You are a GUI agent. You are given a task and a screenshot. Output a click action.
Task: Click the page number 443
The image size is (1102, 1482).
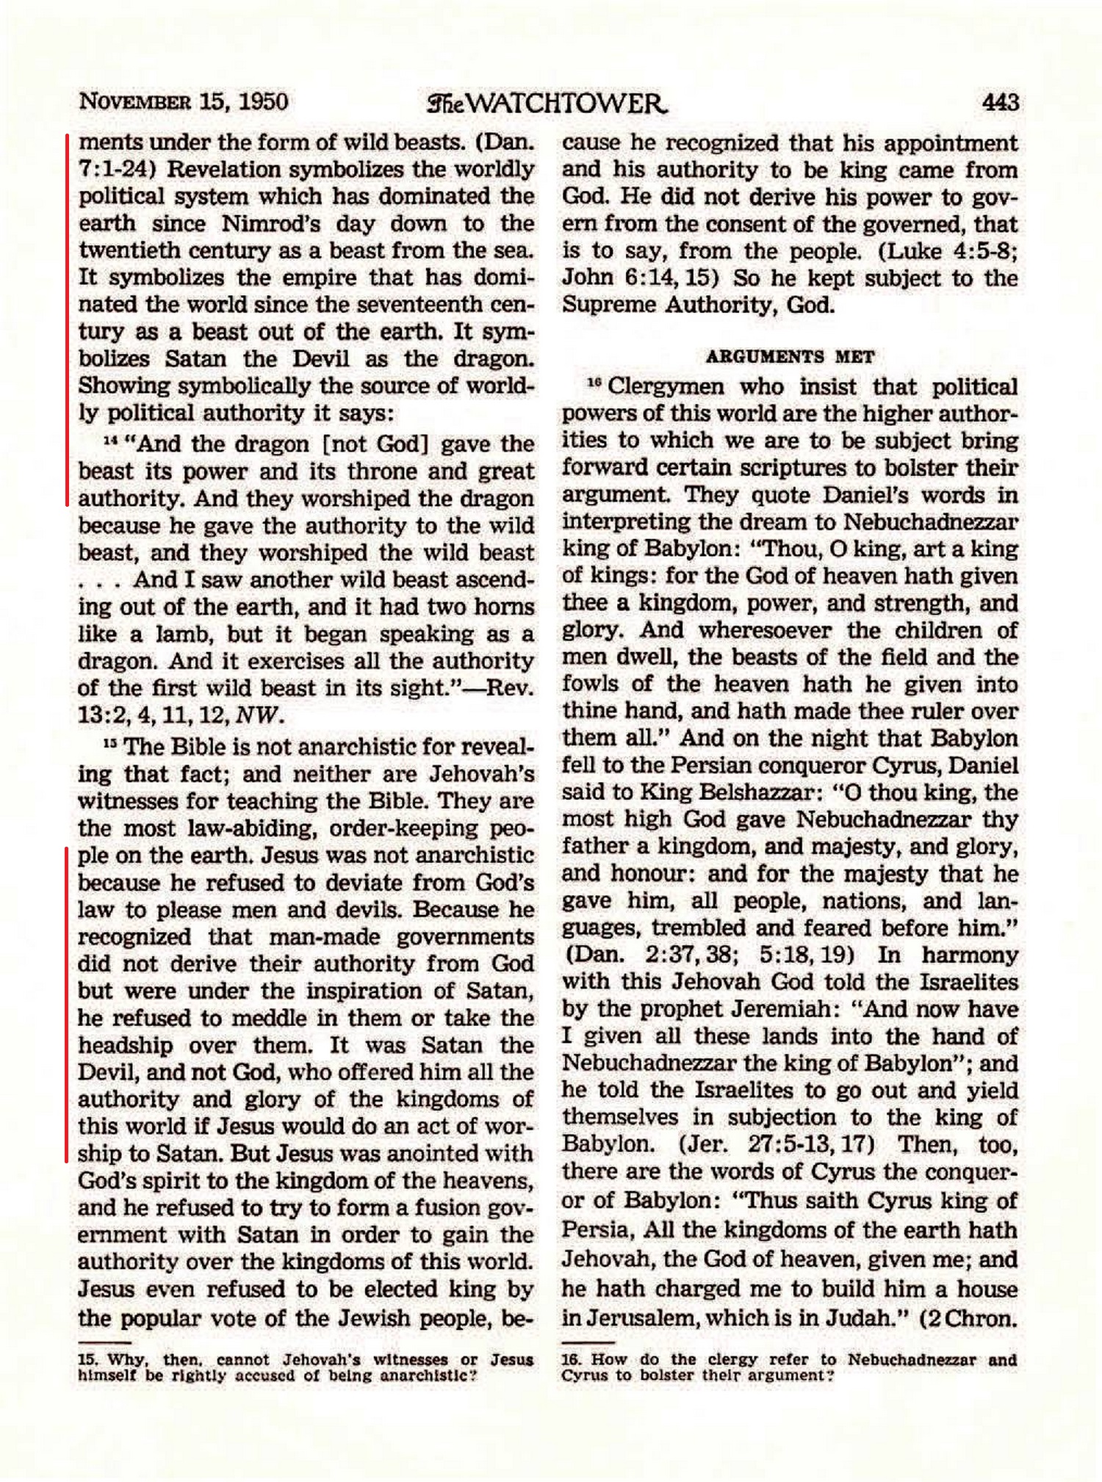pyautogui.click(x=1000, y=101)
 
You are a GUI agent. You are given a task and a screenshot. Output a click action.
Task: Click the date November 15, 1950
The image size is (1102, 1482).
pyautogui.click(x=183, y=101)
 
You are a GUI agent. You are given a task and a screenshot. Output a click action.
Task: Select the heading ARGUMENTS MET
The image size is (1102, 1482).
pyautogui.click(x=790, y=358)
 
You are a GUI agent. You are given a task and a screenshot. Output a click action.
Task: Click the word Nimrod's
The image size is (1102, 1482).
pyautogui.click(x=270, y=223)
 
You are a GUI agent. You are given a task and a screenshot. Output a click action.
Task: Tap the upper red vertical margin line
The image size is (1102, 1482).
pyautogui.click(x=67, y=319)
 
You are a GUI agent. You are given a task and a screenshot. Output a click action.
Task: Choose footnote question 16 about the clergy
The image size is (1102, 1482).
pyautogui.click(x=789, y=1367)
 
